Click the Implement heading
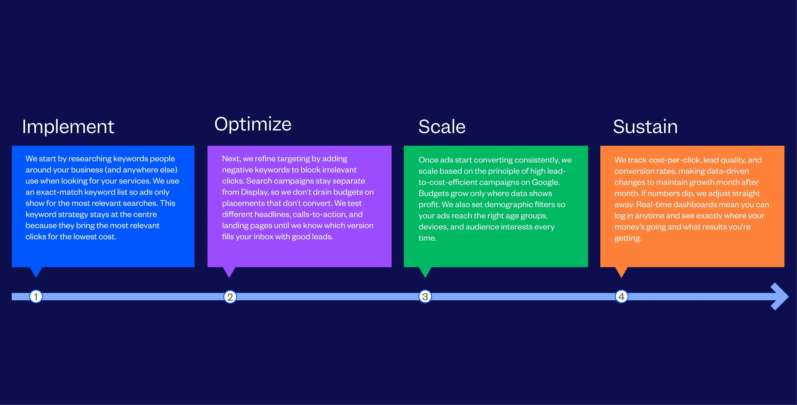tap(68, 127)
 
